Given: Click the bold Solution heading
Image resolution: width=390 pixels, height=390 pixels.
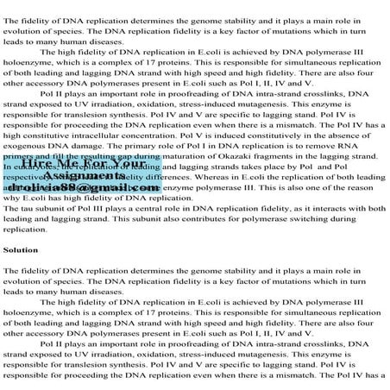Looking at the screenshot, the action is [x=22, y=249].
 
